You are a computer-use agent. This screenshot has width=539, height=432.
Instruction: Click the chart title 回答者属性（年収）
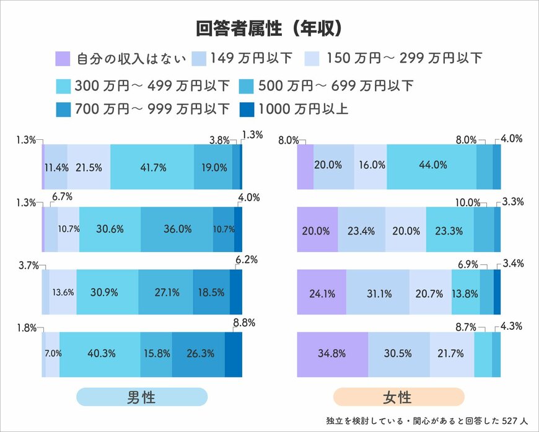tap(269, 29)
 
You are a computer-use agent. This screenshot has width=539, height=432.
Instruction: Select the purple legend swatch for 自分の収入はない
tap(61, 59)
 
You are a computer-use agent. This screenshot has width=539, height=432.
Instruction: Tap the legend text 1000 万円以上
tap(304, 110)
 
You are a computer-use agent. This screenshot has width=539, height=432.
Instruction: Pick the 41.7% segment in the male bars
tap(152, 166)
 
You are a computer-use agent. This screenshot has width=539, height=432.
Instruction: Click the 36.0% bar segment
tap(177, 229)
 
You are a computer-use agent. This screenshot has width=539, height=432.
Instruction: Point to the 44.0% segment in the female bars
tap(432, 165)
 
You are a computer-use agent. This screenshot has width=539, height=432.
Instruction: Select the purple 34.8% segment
tap(332, 355)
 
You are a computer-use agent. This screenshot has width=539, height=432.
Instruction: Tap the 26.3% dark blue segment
tap(198, 354)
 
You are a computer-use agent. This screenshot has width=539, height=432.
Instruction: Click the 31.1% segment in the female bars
tap(377, 292)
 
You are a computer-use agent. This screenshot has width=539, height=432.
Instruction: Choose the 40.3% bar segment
tap(100, 354)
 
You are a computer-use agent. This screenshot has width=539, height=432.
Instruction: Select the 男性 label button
tap(141, 397)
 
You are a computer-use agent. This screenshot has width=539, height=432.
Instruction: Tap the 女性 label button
tap(398, 397)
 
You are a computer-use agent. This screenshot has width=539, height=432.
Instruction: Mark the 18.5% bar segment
tap(211, 292)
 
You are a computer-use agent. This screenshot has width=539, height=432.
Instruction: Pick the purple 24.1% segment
tap(321, 292)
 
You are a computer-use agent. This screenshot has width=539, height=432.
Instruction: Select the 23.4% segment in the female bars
tap(361, 229)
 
